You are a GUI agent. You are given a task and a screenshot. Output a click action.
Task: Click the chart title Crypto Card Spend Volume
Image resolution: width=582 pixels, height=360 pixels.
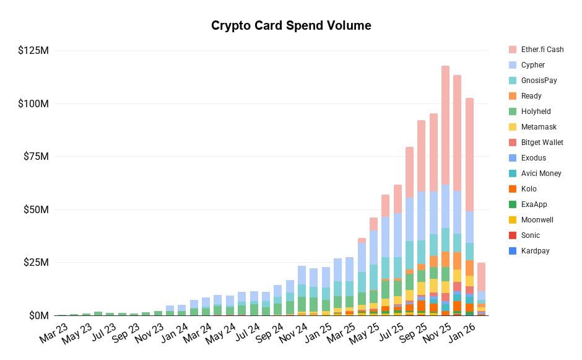tap(291, 25)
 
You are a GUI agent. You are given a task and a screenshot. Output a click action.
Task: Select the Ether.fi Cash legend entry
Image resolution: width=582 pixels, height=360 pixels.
tap(536, 50)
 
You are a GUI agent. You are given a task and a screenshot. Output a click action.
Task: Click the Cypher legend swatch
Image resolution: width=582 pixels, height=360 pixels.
tap(513, 65)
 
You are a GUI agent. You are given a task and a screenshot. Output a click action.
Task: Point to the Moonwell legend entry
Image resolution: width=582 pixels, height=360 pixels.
tap(532, 220)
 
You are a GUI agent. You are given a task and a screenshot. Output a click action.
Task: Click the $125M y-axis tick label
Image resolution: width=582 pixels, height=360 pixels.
tap(33, 50)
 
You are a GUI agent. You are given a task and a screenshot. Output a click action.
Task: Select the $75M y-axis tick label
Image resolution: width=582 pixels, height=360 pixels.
tap(35, 157)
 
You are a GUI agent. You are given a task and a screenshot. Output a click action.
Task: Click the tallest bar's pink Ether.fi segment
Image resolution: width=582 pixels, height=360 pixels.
tap(445, 124)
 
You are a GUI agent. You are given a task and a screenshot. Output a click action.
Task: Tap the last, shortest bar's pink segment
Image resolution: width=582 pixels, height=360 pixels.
tap(481, 276)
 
